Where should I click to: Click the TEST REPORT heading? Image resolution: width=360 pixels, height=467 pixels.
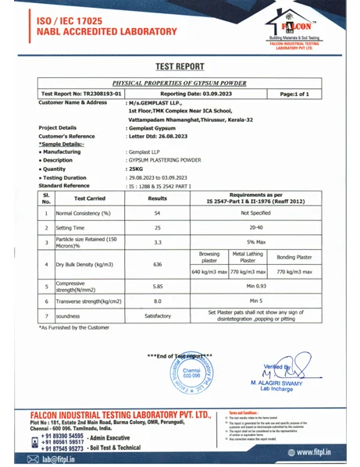(180, 67)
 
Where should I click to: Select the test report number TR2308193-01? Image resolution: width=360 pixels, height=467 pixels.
(81, 93)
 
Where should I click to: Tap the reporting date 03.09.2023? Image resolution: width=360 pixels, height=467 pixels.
(204, 93)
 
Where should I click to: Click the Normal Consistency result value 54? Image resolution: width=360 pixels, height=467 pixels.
(159, 212)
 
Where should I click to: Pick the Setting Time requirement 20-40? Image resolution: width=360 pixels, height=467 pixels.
(255, 227)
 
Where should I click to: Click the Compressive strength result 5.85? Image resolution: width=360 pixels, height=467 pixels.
(159, 287)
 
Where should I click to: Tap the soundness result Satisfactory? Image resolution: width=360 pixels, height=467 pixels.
(159, 315)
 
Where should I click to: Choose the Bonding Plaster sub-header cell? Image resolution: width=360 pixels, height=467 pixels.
(295, 256)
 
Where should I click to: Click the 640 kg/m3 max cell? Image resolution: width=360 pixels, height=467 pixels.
(209, 272)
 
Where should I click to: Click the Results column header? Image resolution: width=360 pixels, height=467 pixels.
(159, 198)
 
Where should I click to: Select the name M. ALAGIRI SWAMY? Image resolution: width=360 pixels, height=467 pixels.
(277, 383)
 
